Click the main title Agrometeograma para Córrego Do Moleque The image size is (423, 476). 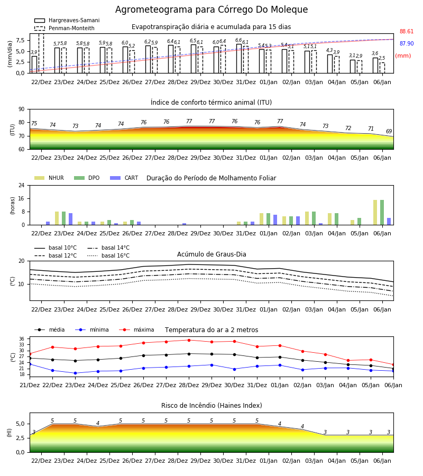[212, 10]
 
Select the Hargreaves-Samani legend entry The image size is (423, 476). [67, 20]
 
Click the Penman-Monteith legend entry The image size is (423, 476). [65, 28]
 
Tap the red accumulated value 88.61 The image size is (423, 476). [407, 31]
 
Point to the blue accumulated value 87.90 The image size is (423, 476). [407, 43]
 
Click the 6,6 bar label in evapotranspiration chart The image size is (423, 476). [238, 40]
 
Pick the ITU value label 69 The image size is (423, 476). [389, 131]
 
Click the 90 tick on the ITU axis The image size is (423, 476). [22, 109]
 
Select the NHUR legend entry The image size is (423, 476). [49, 178]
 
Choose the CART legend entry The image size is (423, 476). [124, 178]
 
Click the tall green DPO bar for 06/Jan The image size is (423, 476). [382, 212]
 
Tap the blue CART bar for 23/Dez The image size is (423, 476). [71, 219]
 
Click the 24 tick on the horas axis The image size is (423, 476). [22, 185]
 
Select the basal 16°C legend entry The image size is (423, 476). [108, 255]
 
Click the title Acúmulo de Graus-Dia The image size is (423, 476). [212, 254]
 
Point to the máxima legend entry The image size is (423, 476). [137, 329]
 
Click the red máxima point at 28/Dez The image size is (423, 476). [189, 340]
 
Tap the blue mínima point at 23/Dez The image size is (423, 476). [75, 373]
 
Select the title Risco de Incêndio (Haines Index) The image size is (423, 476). [212, 405]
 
